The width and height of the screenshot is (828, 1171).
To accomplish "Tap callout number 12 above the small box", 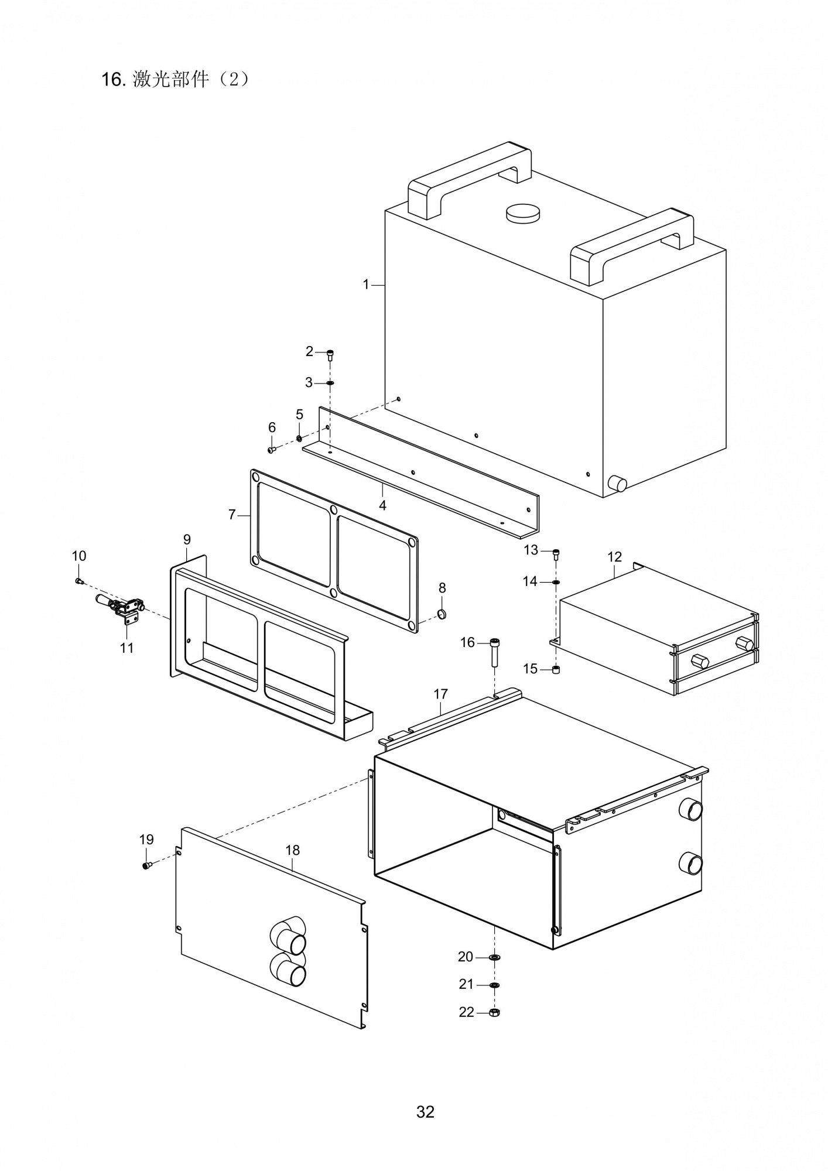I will pyautogui.click(x=614, y=557).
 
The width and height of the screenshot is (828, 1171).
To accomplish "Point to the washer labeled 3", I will pyautogui.click(x=330, y=383).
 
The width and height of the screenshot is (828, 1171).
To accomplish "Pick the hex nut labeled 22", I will pyautogui.click(x=494, y=1012).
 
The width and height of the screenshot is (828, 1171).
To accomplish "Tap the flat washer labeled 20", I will pyautogui.click(x=495, y=957).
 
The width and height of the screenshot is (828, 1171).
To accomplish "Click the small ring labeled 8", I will pyautogui.click(x=443, y=614).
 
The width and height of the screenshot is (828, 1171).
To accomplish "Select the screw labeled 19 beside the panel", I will pyautogui.click(x=146, y=865).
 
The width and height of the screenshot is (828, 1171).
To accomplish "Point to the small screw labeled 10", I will pyautogui.click(x=79, y=581).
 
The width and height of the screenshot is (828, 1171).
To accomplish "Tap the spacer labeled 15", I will pyautogui.click(x=556, y=669).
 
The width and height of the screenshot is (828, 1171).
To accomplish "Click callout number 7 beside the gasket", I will pyautogui.click(x=232, y=515).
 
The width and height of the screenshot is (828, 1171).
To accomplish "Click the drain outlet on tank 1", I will pyautogui.click(x=617, y=484).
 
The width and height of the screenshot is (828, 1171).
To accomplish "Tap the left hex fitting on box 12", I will pyautogui.click(x=700, y=663).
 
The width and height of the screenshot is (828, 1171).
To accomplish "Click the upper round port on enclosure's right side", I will pyautogui.click(x=690, y=809).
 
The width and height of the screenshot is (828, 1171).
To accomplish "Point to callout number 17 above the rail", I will pyautogui.click(x=440, y=694).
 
